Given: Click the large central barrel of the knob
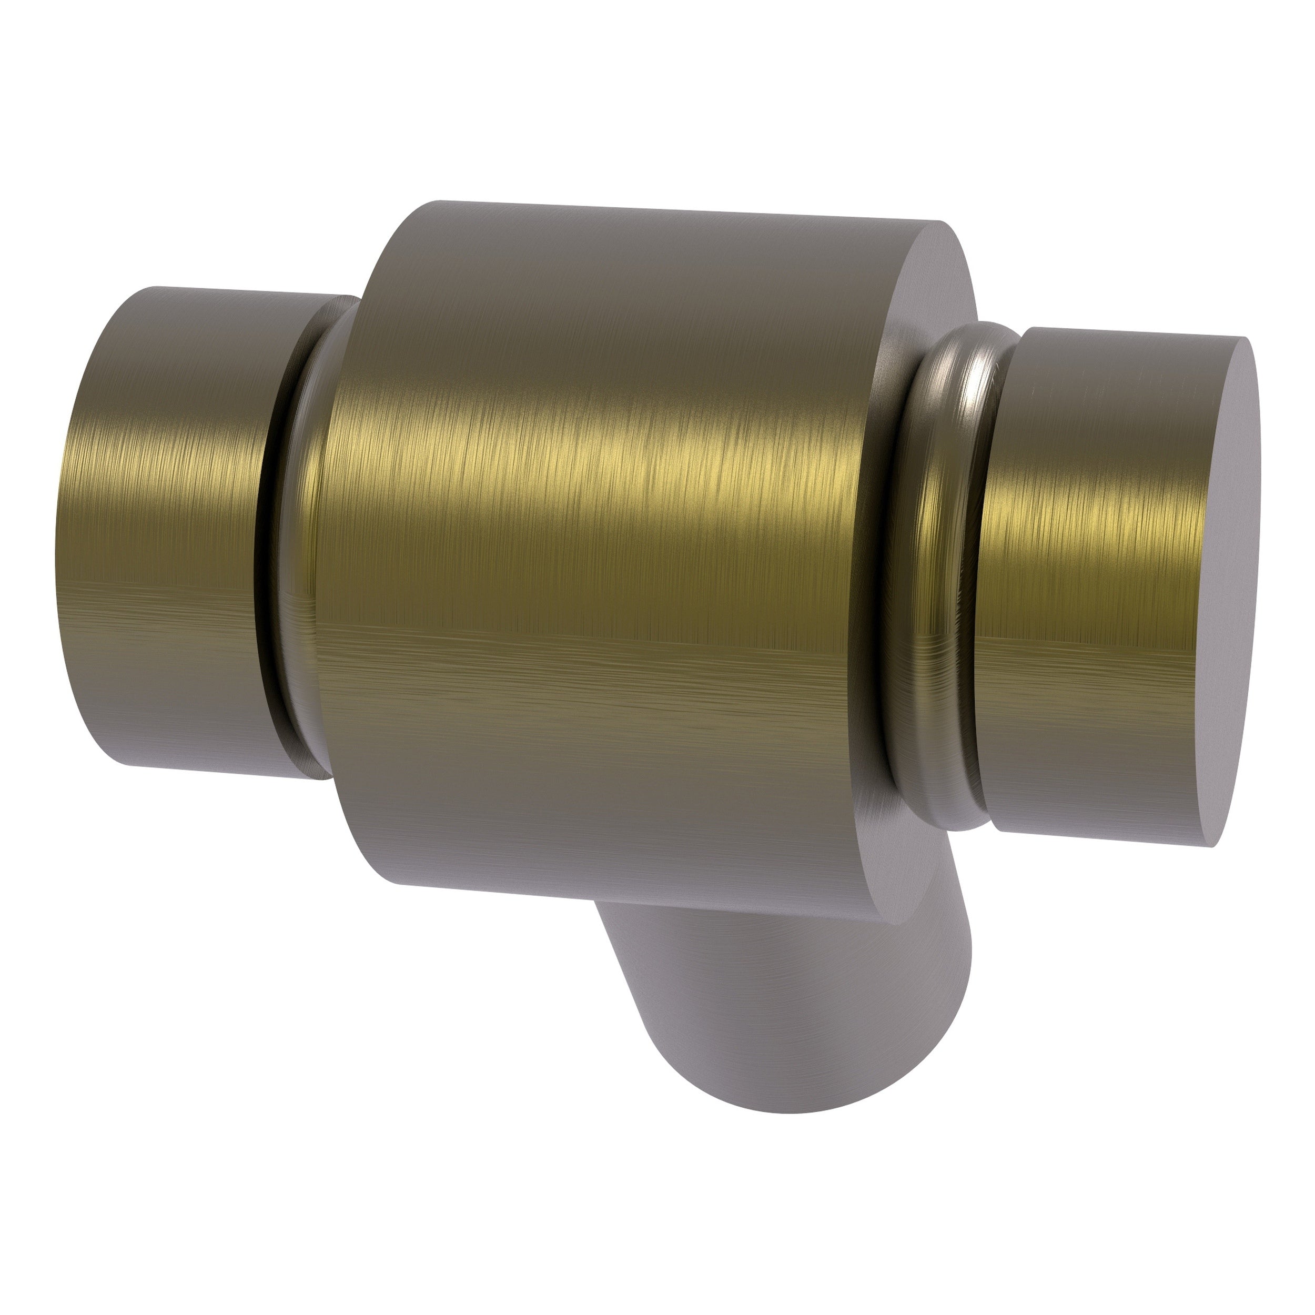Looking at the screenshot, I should tap(599, 544).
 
